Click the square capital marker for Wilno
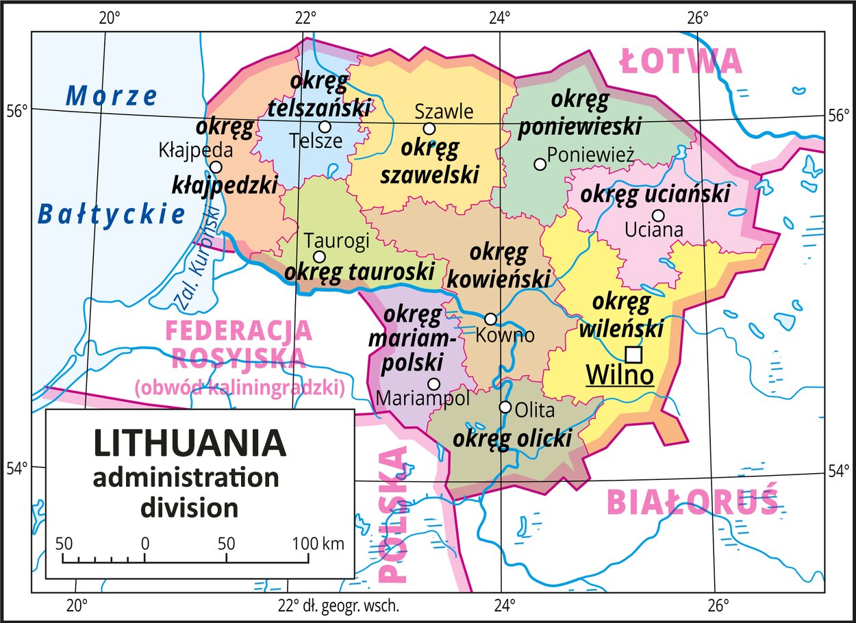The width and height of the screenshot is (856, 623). coord(634,354)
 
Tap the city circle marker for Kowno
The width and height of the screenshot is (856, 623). coord(490,319)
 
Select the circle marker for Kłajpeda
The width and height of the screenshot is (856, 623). coord(216,167)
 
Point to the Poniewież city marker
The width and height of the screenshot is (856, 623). coord(540,164)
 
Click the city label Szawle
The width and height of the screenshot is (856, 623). coord(444,111)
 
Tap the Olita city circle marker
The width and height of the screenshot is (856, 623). coord(505,407)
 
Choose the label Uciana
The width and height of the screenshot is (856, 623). coord(654,230)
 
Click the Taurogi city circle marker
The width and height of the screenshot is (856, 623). coord(319,257)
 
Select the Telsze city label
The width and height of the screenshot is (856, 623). coord(315,141)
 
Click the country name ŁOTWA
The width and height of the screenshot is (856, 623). coord(681,62)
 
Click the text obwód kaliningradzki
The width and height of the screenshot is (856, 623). coord(239,388)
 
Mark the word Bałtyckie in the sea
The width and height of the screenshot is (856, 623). coord(111,214)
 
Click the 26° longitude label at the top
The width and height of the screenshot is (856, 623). coord(697,17)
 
